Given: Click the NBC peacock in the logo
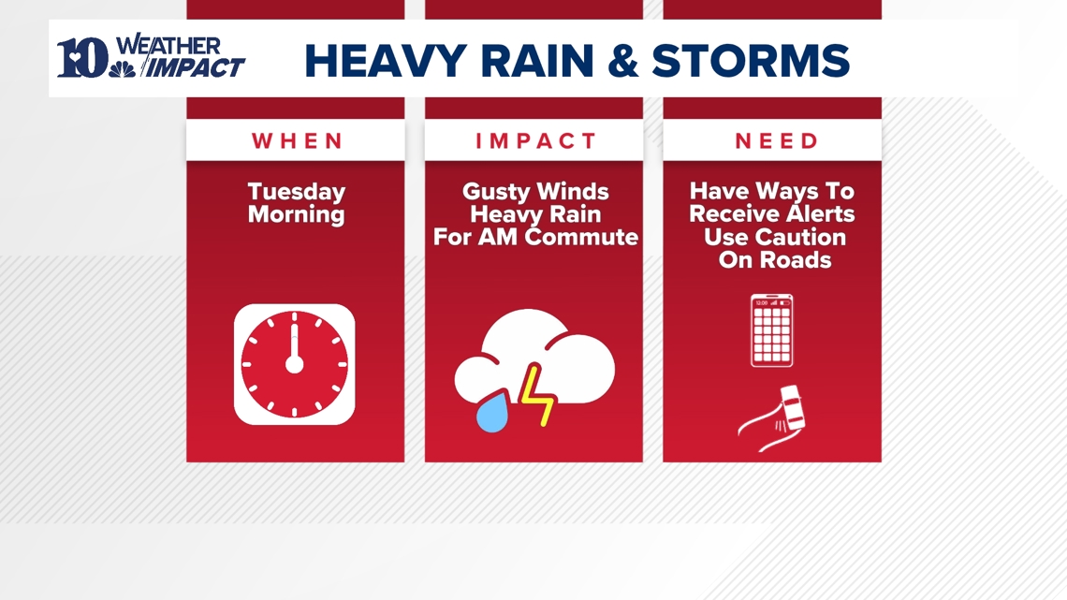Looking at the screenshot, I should pyautogui.click(x=122, y=68).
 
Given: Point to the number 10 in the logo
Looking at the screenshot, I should pyautogui.click(x=82, y=58).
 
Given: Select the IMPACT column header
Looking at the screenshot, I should pyautogui.click(x=534, y=141).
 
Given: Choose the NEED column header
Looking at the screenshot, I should pyautogui.click(x=773, y=141).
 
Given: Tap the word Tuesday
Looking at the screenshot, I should pyautogui.click(x=296, y=192).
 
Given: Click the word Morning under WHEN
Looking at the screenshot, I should pyautogui.click(x=296, y=214).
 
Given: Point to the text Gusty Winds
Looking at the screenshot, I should pyautogui.click(x=534, y=192).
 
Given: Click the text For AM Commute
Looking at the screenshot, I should pyautogui.click(x=534, y=237).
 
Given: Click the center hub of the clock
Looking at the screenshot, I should pyautogui.click(x=294, y=364).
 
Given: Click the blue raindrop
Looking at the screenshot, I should pyautogui.click(x=491, y=413).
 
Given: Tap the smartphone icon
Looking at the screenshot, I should pyautogui.click(x=772, y=330).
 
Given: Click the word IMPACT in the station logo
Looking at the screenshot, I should pyautogui.click(x=197, y=67).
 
